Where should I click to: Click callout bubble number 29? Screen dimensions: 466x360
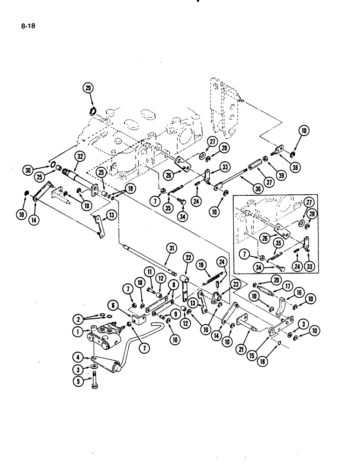[89, 88]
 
